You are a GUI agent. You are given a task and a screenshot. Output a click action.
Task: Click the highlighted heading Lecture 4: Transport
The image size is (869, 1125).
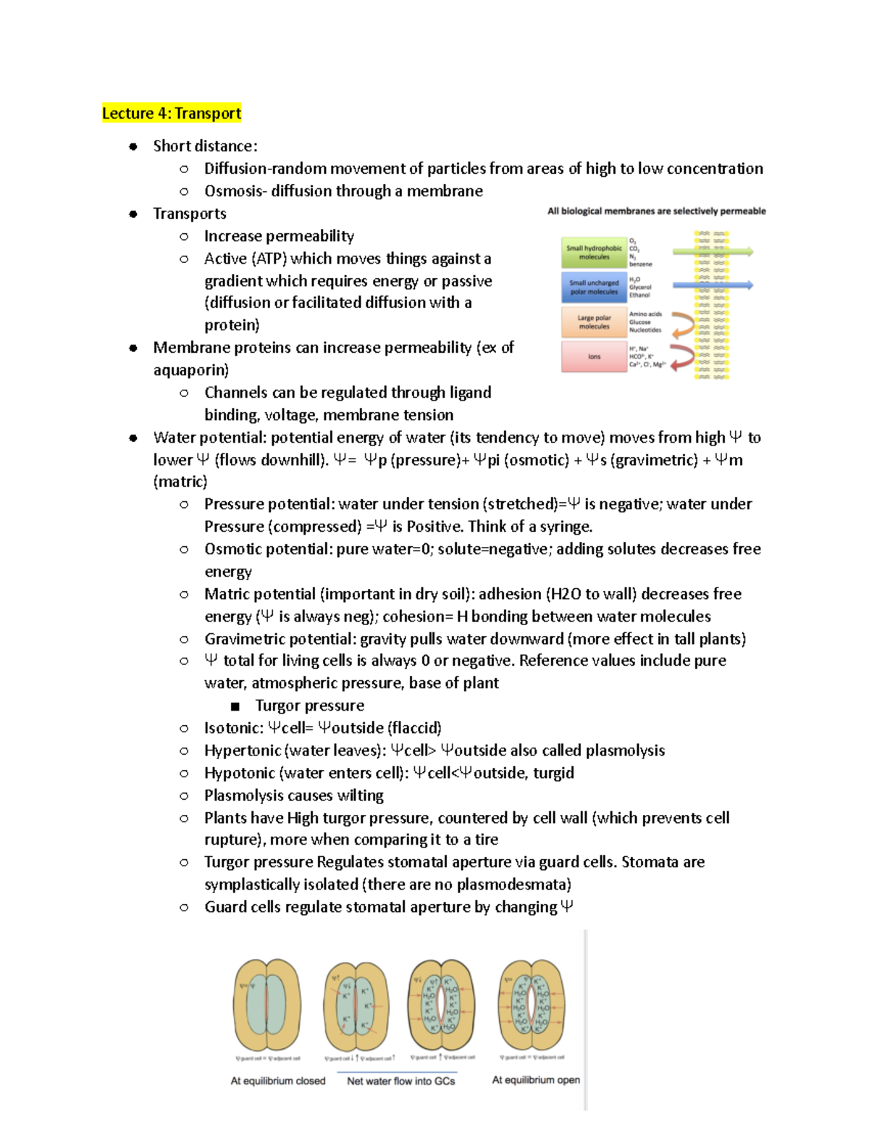tap(172, 113)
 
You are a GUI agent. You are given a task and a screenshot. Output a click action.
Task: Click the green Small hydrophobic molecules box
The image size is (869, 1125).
tap(594, 252)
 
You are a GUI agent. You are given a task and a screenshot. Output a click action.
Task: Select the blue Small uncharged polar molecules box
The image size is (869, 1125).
tap(594, 287)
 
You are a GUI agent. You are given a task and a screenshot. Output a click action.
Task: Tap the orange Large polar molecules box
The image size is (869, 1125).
tap(594, 322)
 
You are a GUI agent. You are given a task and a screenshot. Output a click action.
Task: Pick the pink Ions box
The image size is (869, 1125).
tap(594, 356)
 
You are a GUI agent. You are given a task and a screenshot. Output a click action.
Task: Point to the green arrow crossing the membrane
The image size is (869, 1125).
tap(713, 252)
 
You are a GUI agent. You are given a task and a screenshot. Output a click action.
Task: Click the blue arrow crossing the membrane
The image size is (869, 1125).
tap(713, 285)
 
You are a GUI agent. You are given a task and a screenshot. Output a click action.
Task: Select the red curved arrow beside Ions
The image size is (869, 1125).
tap(681, 357)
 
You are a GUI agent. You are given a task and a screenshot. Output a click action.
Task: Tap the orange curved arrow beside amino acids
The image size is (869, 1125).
tap(681, 325)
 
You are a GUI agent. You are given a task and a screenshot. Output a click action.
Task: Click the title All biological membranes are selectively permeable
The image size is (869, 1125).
tap(656, 211)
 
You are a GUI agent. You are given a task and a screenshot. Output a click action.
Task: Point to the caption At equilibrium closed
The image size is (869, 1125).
tap(278, 1081)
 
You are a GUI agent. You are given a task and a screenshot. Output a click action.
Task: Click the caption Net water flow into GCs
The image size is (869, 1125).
tap(400, 1081)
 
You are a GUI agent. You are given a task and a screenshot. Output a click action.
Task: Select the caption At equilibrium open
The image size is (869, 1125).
tap(536, 1079)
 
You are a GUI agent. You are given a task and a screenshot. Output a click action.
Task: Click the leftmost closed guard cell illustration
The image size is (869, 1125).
tap(268, 1005)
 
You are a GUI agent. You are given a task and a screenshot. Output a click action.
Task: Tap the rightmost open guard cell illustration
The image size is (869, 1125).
tap(532, 1005)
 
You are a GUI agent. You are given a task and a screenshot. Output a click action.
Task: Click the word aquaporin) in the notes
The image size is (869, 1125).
tap(190, 370)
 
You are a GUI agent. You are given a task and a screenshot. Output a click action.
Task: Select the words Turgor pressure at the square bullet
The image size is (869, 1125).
tap(309, 706)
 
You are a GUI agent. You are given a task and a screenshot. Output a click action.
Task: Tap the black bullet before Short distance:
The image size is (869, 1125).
tap(133, 146)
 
